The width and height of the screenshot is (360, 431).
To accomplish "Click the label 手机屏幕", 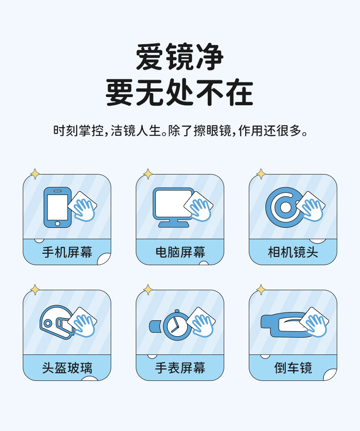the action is point(67,252).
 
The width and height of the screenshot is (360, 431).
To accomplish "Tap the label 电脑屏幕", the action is point(180,252).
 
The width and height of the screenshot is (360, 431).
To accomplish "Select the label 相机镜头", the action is point(293,252).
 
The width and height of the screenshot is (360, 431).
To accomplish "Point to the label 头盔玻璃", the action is point(67,368).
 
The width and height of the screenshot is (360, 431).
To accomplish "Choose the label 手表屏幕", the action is point(180,368).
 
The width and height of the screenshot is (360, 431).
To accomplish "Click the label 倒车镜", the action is point(293,368).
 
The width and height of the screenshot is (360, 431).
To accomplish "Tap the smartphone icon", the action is point(57,208).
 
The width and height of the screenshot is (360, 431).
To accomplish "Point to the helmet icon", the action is point(57,322).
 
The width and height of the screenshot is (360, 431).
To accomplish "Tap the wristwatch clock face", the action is point(175,326).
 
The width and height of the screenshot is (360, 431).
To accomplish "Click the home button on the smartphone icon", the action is point(57,223).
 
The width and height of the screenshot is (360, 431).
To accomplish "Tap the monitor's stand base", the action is point(174,225).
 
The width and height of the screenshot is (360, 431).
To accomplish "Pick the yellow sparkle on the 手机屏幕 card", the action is point(35,174).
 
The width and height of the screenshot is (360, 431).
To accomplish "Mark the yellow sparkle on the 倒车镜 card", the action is point(261,290).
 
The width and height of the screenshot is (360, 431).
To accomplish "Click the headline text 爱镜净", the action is point(180,57).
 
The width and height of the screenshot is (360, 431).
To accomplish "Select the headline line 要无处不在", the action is point(180,92).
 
